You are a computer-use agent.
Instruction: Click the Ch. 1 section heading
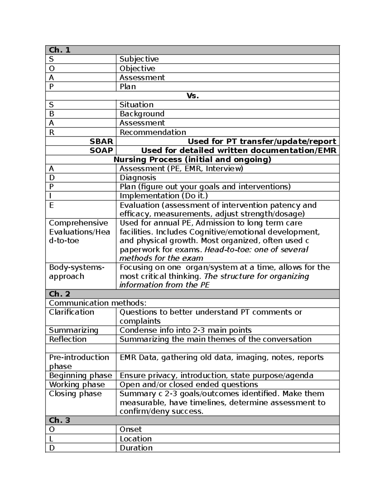59,50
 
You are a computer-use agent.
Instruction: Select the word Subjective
139,59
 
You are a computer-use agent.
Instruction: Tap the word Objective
137,68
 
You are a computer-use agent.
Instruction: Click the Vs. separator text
193,96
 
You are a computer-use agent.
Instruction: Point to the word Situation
136,105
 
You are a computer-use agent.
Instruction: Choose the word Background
142,114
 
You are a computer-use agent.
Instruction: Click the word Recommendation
153,132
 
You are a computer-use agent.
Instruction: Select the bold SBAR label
101,141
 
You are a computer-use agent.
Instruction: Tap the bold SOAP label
101,150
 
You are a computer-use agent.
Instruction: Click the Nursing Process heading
193,159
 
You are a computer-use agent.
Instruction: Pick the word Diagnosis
138,178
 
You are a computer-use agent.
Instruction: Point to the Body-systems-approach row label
76,272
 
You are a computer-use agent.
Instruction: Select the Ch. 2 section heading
59,294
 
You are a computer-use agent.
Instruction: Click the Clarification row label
72,312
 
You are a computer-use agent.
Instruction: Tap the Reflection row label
68,339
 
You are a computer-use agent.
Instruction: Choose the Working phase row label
77,384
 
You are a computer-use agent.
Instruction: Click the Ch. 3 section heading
59,420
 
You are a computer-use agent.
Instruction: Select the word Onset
131,429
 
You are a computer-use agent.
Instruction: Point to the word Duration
136,448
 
